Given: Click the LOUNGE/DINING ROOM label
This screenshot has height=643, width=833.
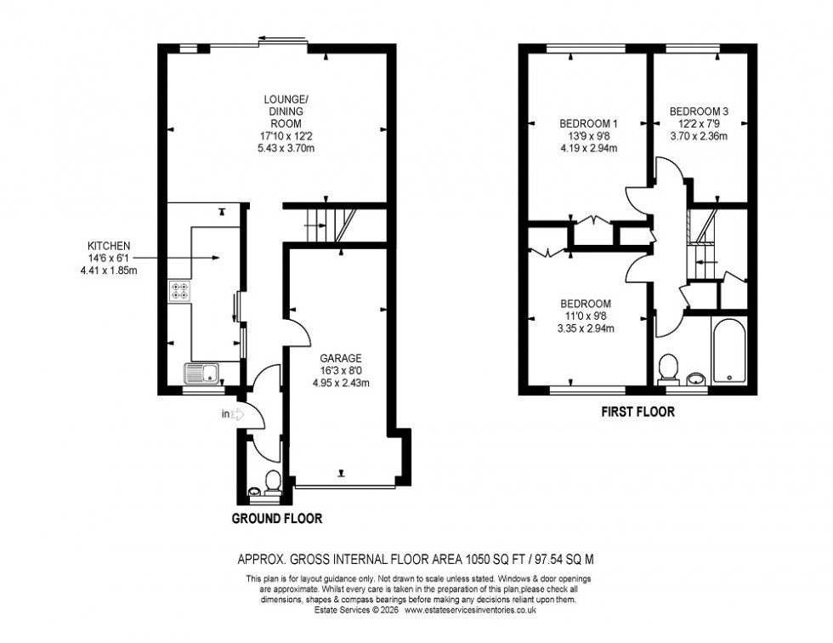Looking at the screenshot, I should click(x=280, y=111).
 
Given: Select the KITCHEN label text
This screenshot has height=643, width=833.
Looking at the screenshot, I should click(x=107, y=245).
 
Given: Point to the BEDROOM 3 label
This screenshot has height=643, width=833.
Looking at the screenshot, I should click(x=699, y=111).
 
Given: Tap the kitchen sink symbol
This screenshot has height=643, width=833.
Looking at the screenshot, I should click(x=201, y=372).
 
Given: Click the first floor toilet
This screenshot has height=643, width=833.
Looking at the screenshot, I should click(x=668, y=368).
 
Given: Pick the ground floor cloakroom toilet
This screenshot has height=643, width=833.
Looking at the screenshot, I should click(x=273, y=481).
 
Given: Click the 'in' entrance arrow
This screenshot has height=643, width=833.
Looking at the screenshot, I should click(x=232, y=415).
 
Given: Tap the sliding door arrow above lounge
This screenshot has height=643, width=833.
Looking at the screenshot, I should click(x=280, y=37).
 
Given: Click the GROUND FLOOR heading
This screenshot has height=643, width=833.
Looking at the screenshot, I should click(x=276, y=518).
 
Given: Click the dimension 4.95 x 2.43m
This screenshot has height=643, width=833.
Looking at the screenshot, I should click(x=340, y=382).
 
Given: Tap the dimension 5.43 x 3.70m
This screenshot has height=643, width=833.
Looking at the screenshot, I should click(x=280, y=147).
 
